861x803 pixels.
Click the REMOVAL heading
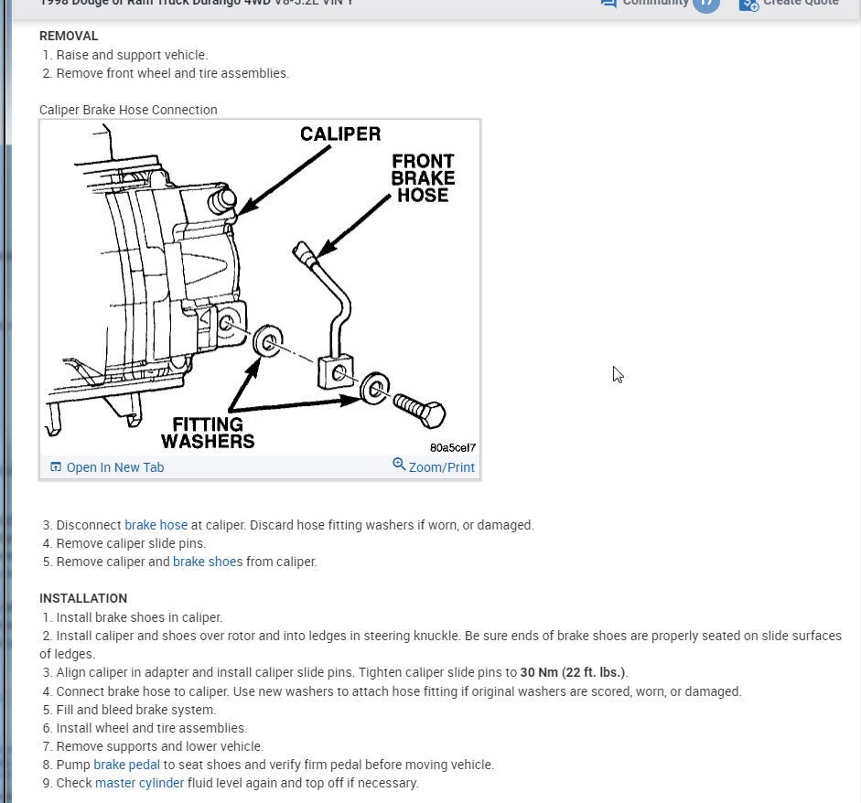69,36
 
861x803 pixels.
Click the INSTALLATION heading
83,598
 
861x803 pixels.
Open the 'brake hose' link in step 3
156,525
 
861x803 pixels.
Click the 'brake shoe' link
205,562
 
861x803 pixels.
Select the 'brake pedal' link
126,765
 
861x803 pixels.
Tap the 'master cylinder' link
139,783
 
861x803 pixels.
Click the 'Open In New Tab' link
114,467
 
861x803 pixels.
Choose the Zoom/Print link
441,467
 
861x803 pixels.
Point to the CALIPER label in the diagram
340,134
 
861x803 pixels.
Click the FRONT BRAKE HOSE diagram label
422,177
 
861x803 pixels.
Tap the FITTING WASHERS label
208,433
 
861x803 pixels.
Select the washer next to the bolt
374,388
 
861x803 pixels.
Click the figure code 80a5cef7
452,448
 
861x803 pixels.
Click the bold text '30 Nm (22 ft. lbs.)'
574,672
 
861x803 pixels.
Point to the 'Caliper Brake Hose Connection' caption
128,110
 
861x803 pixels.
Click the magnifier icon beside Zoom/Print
399,465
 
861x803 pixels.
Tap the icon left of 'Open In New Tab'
56,467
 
